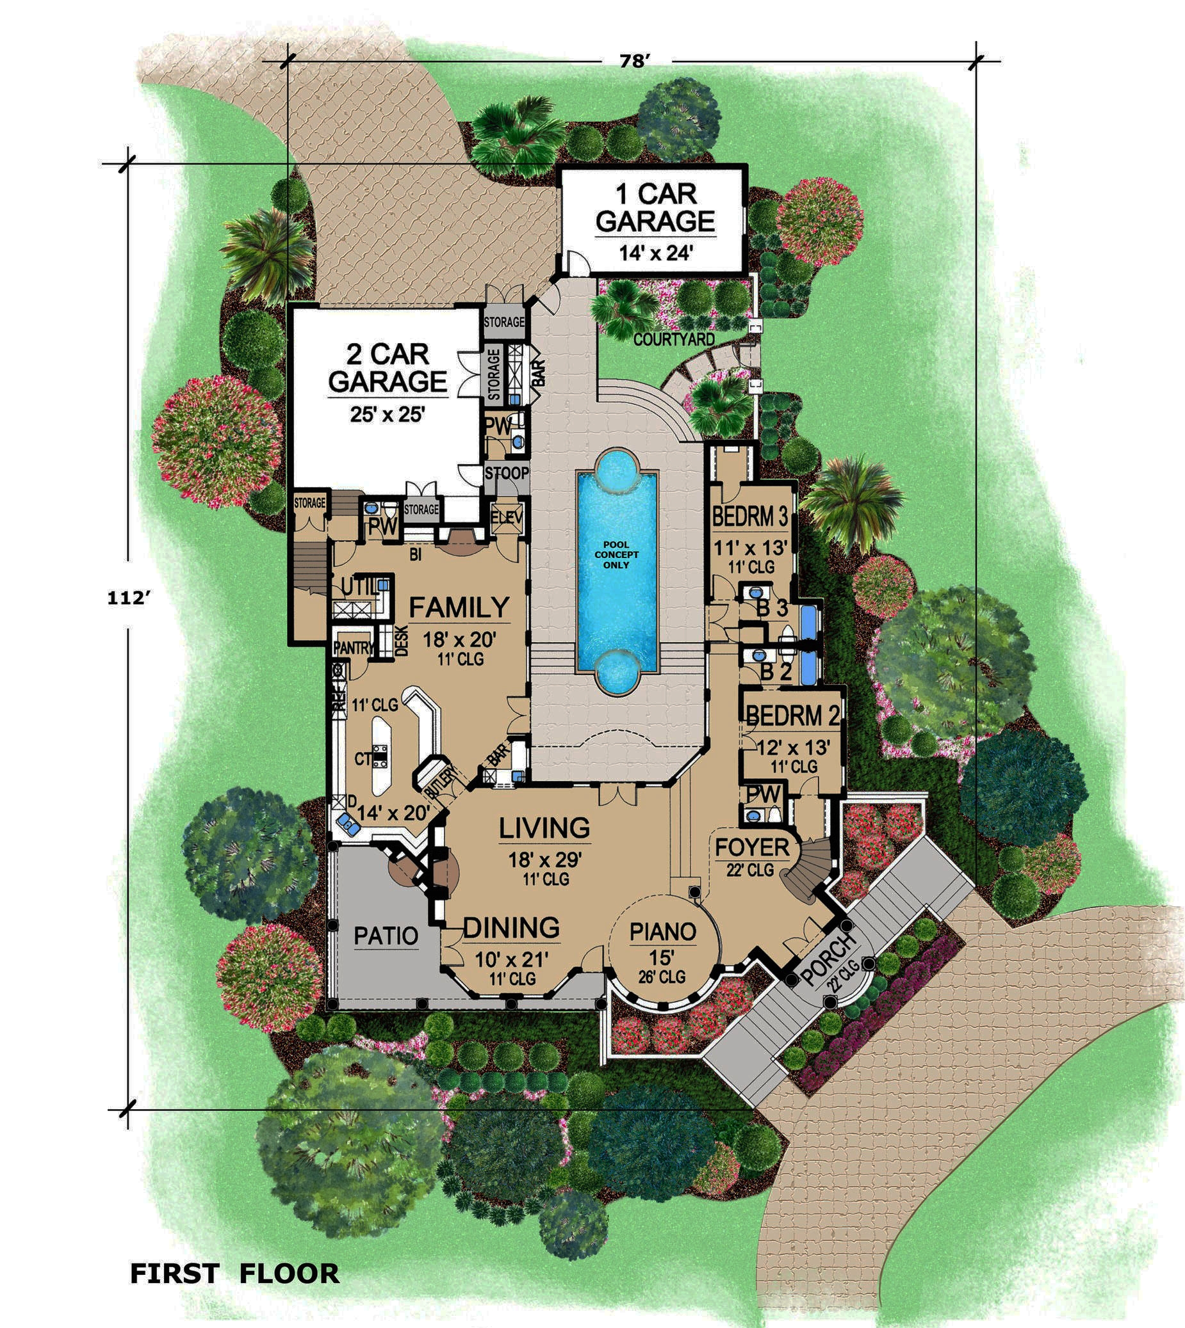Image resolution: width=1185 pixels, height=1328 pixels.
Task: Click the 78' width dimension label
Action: (635, 61)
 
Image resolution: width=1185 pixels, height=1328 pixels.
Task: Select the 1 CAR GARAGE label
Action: (655, 207)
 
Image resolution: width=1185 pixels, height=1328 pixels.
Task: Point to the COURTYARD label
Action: (673, 339)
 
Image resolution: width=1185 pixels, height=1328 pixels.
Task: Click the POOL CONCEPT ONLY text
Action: (616, 554)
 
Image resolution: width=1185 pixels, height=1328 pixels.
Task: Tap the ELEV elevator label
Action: (507, 518)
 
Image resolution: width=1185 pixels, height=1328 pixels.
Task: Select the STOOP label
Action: (507, 473)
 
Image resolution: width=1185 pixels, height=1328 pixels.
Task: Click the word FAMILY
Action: (459, 607)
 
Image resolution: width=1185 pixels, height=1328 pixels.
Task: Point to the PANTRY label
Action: (354, 648)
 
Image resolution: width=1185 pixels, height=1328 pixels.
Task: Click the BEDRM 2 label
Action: (792, 716)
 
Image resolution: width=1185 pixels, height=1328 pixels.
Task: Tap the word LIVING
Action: (544, 828)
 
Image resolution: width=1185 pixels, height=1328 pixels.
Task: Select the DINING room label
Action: (511, 928)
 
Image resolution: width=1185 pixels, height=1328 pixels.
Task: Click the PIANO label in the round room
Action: (663, 932)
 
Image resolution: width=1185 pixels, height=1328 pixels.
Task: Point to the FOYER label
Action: (752, 848)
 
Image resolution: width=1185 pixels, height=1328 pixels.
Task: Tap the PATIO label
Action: (386, 936)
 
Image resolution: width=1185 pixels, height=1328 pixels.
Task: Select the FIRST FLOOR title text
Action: (235, 1274)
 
